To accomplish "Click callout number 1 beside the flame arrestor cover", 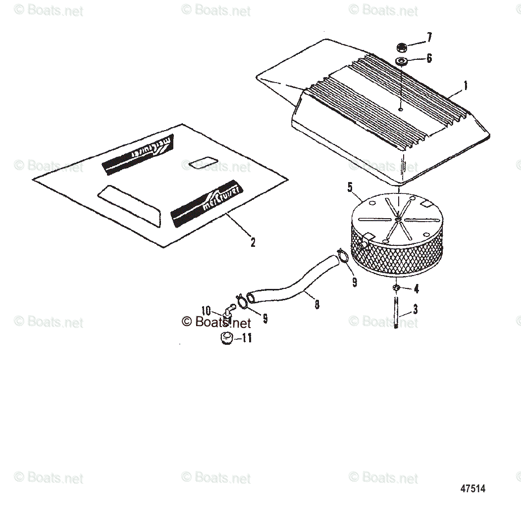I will pos(465,86).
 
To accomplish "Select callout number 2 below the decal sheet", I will pos(253,242).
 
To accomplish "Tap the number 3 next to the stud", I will pos(415,310).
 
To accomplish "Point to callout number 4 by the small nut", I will pos(416,288).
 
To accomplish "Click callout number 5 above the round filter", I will pos(350,187).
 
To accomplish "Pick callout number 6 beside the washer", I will pos(429,58).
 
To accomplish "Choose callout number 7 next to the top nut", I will pos(429,37).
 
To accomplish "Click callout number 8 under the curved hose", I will pos(317,304).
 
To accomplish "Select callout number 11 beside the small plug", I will pos(246,338).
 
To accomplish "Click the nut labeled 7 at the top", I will pos(402,47).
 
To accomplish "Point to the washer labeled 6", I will pos(401,61).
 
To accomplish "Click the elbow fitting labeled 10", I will pos(229,311).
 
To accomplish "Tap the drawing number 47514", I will pos(472,488).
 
